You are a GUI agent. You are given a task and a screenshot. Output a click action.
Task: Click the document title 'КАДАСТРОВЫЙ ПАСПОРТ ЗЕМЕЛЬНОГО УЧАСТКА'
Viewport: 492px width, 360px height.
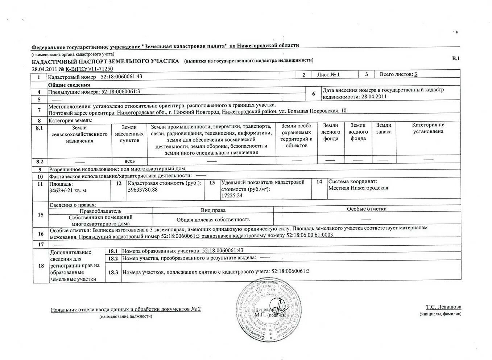[x=105, y=61]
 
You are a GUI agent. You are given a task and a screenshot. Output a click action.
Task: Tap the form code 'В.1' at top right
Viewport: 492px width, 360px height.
[x=455, y=58]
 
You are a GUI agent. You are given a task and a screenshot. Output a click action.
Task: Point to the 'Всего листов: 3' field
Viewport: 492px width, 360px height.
[x=398, y=74]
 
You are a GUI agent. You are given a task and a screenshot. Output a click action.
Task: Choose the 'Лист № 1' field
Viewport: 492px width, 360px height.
[x=328, y=75]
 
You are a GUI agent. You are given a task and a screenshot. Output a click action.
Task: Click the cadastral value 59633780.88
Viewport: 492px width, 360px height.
[x=143, y=190]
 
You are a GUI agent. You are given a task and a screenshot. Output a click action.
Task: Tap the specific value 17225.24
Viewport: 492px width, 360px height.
[x=232, y=196]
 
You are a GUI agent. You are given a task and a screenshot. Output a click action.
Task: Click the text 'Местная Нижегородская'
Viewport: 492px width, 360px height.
[x=358, y=188]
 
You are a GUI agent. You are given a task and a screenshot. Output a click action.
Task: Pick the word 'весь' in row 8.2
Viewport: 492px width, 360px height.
[x=129, y=161]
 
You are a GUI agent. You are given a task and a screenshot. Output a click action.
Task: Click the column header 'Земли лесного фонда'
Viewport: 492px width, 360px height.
[x=330, y=132]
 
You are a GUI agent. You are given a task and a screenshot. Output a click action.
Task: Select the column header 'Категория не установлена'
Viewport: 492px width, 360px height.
[x=428, y=128]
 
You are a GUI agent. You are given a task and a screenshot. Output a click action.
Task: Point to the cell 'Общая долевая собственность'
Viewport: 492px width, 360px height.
[x=213, y=220]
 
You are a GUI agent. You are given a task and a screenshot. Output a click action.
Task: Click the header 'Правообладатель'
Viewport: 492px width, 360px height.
[x=100, y=211]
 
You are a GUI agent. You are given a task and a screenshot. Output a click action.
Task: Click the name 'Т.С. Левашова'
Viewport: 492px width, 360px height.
[x=443, y=307]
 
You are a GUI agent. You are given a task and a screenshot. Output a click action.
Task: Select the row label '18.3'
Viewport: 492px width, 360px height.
[x=113, y=272]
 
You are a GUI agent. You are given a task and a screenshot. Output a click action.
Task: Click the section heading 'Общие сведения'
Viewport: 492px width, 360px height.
[x=69, y=85]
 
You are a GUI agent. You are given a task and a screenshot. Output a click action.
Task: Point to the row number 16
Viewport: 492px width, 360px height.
[x=41, y=234]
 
